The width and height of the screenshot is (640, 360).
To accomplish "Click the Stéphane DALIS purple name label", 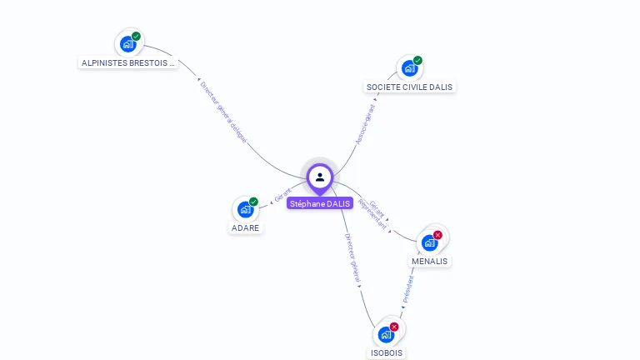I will [x=320, y=203].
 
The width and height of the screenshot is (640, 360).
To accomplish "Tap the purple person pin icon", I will [x=320, y=177].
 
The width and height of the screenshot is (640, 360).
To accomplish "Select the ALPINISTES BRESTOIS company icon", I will [x=127, y=44].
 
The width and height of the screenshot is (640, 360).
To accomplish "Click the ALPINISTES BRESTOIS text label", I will [x=128, y=62].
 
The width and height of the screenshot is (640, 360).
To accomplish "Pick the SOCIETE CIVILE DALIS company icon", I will [x=409, y=68].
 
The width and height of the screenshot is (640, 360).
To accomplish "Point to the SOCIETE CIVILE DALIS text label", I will [x=410, y=87].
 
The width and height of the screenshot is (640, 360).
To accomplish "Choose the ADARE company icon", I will [x=245, y=209].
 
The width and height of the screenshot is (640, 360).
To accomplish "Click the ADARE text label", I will [x=245, y=227].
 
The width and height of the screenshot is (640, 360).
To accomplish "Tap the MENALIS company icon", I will [x=429, y=242].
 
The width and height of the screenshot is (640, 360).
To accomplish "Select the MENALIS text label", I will [x=429, y=261].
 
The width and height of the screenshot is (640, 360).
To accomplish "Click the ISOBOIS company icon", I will [x=386, y=334].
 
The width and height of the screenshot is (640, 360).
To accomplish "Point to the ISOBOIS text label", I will [x=386, y=352].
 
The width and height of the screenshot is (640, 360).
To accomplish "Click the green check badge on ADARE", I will [x=253, y=202].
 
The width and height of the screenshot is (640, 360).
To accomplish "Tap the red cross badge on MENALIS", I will [x=437, y=235].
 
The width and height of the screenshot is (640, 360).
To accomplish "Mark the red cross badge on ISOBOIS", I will [x=394, y=327].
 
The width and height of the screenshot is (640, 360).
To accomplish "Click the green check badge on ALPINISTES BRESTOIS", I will [x=136, y=37].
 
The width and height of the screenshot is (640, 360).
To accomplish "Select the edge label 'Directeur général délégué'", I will [x=223, y=112].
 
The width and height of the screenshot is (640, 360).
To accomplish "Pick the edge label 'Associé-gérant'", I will [x=365, y=124].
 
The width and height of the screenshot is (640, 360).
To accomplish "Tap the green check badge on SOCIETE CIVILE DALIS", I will [x=417, y=61].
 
